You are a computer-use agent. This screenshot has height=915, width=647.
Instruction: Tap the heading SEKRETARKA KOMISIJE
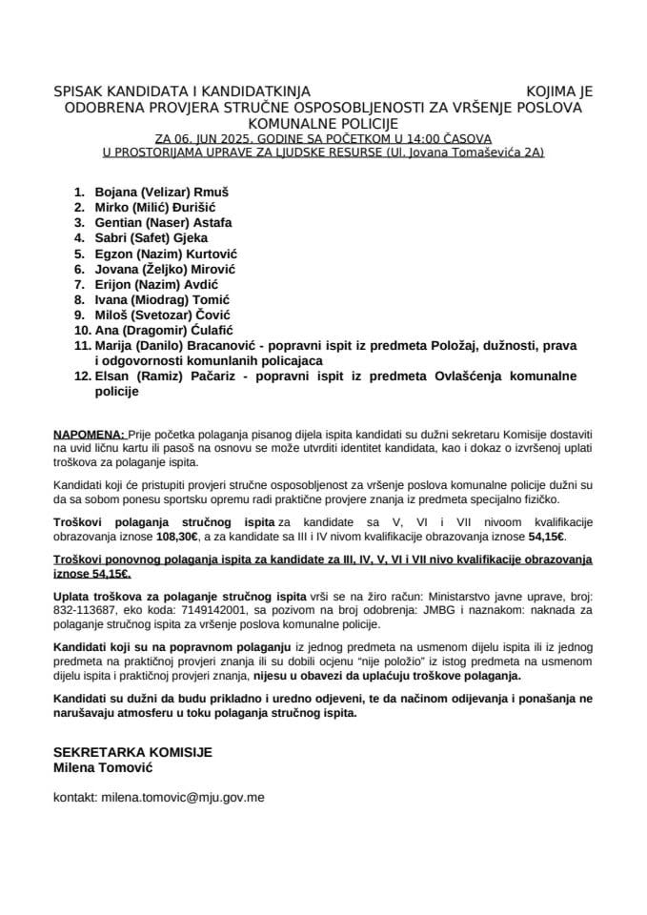click(132, 751)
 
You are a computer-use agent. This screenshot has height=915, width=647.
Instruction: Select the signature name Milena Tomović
click(104, 767)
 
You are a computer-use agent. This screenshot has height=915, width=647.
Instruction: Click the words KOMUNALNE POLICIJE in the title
click(323, 123)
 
